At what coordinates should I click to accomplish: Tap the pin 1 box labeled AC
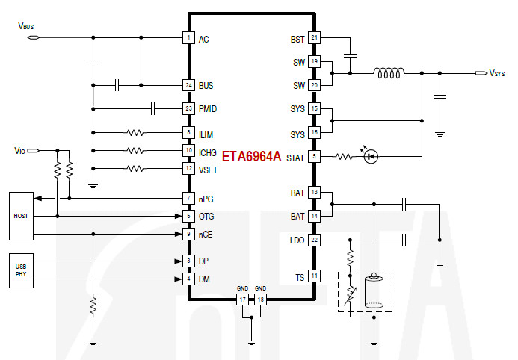188,38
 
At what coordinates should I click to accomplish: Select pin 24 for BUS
188,86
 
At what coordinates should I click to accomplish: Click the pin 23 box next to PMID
188,109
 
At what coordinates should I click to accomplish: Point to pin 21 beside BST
314,38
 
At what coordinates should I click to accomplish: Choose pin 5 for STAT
314,156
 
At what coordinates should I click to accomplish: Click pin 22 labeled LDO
314,240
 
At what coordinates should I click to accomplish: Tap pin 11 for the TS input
314,276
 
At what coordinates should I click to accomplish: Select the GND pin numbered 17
242,300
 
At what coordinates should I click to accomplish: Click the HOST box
21,215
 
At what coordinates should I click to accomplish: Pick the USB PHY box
21,270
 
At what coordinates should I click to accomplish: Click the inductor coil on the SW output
389,73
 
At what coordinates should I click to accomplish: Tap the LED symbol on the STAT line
370,156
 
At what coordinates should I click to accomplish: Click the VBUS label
25,25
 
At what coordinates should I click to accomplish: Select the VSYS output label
498,73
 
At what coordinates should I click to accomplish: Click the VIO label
20,150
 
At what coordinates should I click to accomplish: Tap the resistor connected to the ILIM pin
135,133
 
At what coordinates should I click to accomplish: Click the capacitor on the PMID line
153,109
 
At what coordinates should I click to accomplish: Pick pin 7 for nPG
188,199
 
